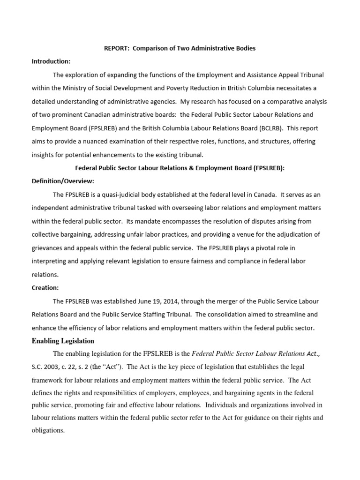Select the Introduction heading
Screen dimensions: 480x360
pos(51,61)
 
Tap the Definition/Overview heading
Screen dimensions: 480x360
pos(63,181)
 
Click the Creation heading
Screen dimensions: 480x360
pos(45,287)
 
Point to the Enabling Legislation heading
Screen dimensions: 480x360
pos(63,341)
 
